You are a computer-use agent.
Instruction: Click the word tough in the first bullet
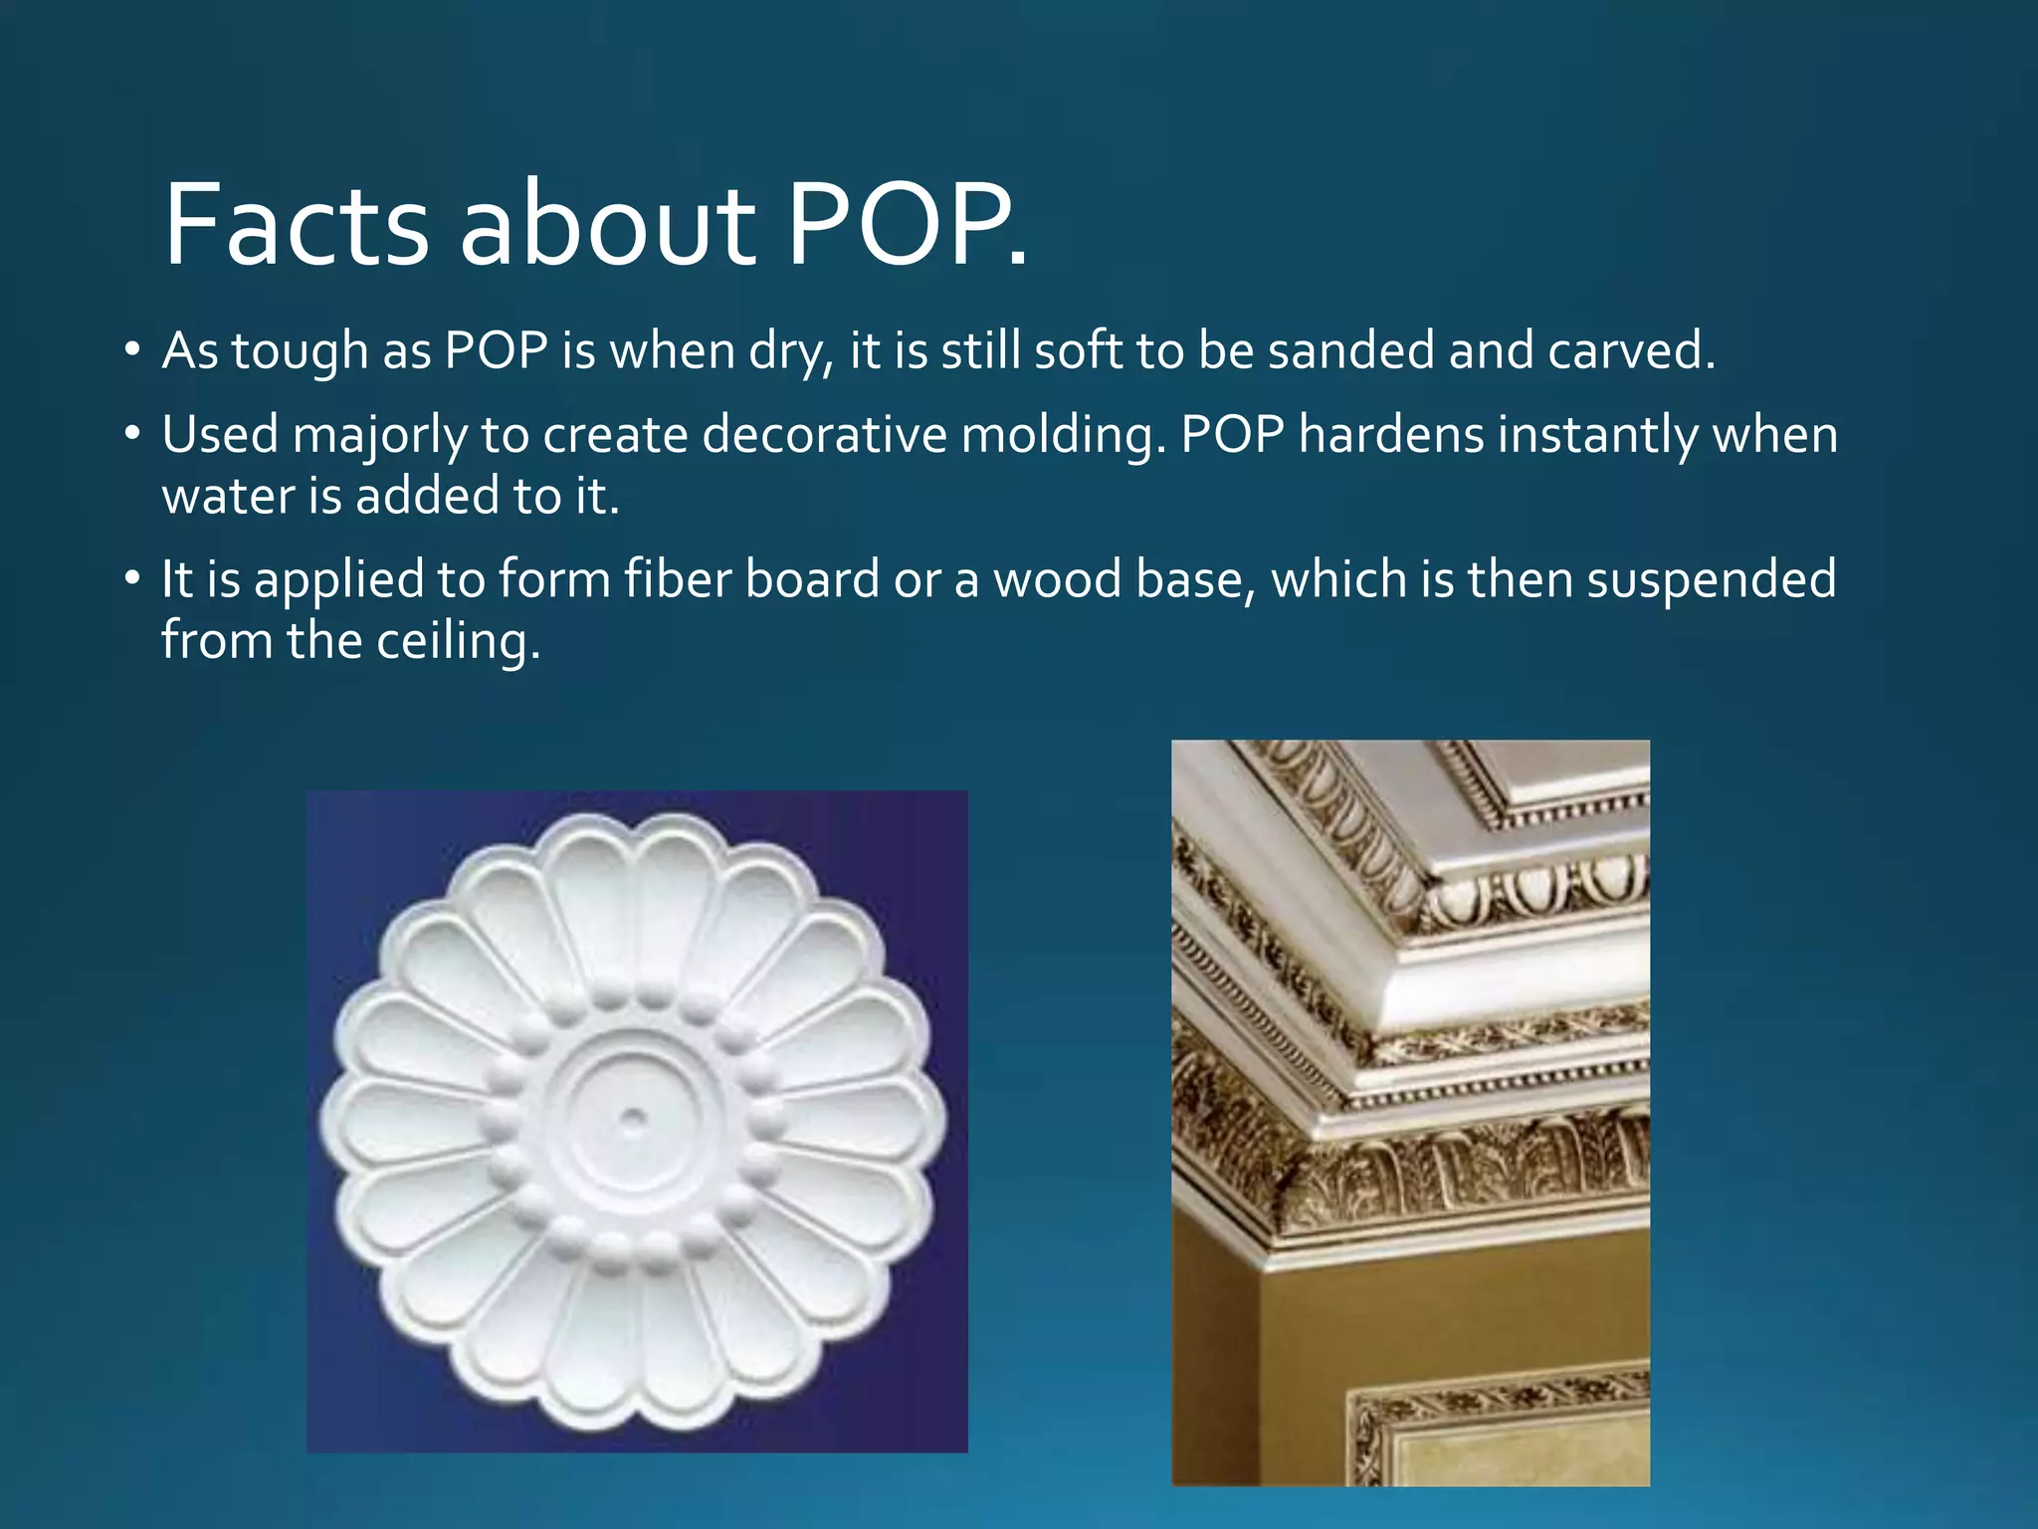coord(300,351)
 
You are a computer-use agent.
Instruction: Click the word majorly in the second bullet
coord(379,436)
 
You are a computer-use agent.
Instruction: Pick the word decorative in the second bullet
coord(824,436)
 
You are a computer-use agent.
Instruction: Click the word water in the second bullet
coord(228,497)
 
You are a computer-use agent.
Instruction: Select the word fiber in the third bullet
coord(678,580)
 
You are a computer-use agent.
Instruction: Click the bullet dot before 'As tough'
coord(132,351)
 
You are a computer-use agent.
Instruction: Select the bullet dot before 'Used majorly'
coord(132,436)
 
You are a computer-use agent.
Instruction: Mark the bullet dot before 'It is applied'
coord(132,580)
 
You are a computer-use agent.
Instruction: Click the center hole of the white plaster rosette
coord(633,1119)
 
